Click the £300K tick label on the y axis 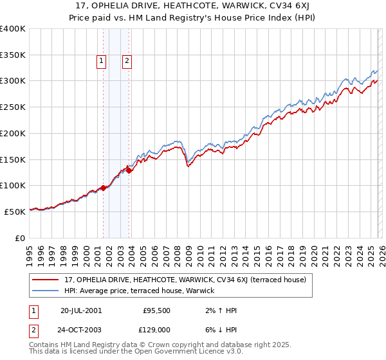click(x=13, y=81)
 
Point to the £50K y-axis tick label click(x=15, y=212)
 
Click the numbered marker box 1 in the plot click(x=102, y=61)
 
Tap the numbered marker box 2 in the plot click(x=127, y=61)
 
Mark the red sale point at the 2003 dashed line click(x=129, y=170)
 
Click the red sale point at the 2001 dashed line click(x=104, y=188)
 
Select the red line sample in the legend click(x=46, y=280)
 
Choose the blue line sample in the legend click(x=46, y=291)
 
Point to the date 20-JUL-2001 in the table click(x=80, y=310)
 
